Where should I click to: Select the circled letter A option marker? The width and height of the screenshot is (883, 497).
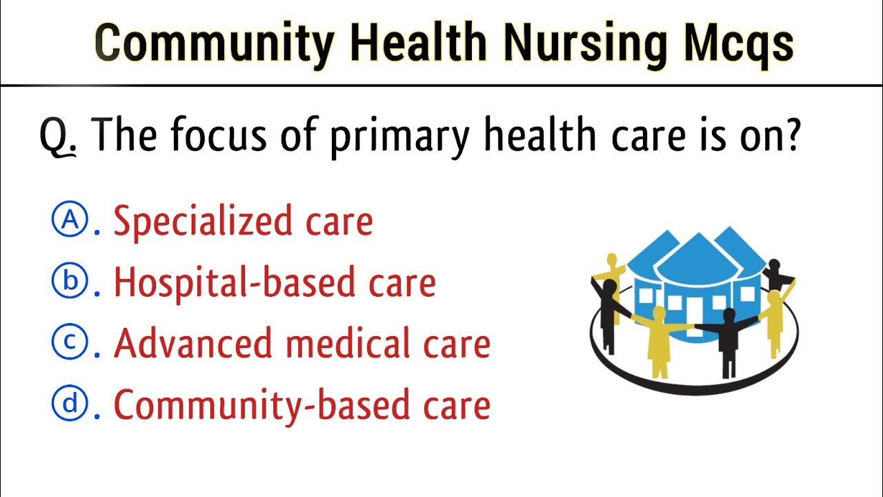tap(70, 221)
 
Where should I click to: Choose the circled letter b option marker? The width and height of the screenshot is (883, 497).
tap(70, 282)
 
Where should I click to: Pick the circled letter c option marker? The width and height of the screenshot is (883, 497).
tap(70, 342)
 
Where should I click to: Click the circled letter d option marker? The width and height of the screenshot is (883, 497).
tap(70, 403)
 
